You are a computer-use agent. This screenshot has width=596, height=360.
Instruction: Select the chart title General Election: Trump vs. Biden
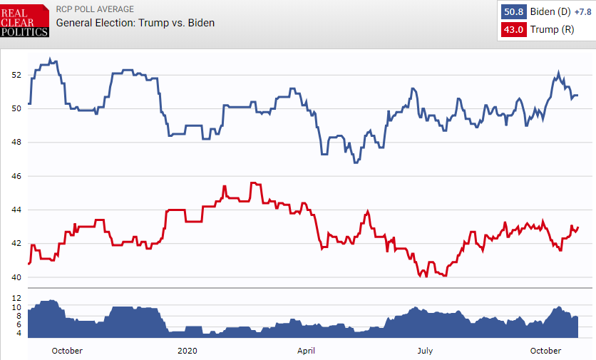coord(135,23)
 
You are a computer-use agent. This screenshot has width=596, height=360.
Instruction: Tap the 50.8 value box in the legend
coord(513,12)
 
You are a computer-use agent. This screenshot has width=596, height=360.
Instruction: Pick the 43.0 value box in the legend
coord(513,30)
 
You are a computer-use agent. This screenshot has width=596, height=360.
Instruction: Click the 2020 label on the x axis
coord(187,351)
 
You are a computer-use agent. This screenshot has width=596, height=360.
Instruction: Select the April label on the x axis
coord(306,351)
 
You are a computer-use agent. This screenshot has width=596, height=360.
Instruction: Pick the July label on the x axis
coord(425,351)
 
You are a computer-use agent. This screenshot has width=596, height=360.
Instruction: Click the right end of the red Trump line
coord(577,227)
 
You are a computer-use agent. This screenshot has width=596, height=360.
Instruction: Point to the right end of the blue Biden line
coord(577,96)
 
